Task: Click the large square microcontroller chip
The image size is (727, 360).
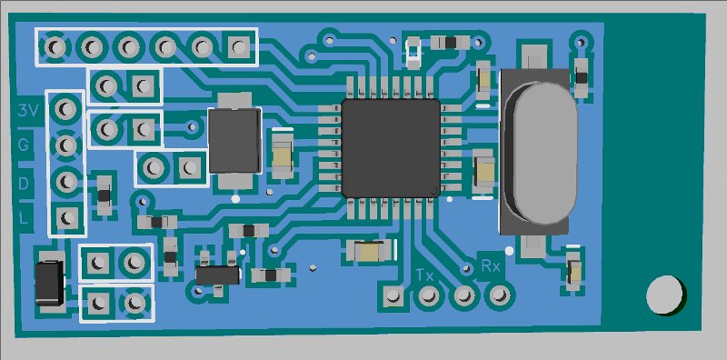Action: (x=391, y=147)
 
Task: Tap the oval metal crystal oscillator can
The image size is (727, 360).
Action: (x=541, y=151)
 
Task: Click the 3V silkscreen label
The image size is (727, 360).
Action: (x=28, y=110)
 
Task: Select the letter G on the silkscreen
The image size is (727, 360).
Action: (x=24, y=145)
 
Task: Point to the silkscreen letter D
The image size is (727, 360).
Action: (x=24, y=184)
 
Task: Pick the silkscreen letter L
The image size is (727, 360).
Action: (x=25, y=217)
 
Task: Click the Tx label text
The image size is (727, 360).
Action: (x=424, y=275)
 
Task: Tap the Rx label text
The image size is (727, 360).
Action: (x=490, y=266)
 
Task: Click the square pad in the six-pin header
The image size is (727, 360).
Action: (x=238, y=46)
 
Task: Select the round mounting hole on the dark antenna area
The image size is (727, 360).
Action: (x=664, y=295)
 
